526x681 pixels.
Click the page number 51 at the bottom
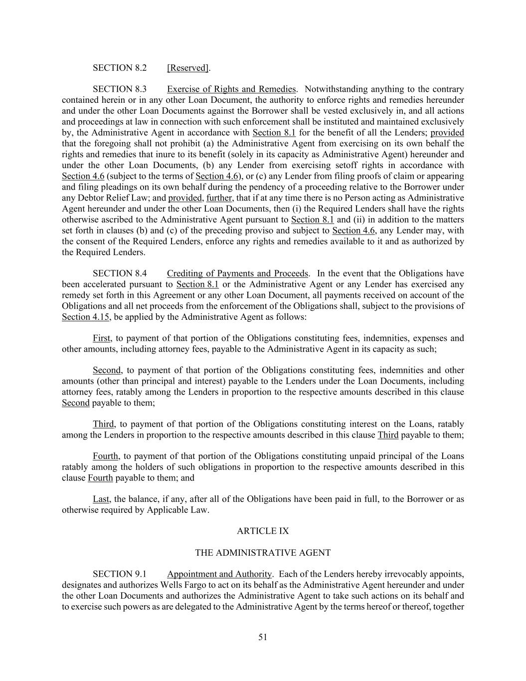pos(263,637)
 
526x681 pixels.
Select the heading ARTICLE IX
pos(263,531)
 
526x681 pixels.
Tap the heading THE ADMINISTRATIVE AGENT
pos(263,552)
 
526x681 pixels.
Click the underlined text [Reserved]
pos(187,68)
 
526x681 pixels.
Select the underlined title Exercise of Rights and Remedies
pos(231,89)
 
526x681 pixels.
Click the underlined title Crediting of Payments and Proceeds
pos(238,273)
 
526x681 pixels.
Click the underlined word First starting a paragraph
pos(102,338)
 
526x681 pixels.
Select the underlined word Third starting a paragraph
pos(103,424)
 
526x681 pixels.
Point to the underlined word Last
pos(101,499)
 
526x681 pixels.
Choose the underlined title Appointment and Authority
pos(219,574)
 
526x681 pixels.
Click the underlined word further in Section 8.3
pos(219,198)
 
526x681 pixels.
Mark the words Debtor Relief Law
pos(111,198)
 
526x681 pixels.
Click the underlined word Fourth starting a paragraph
pos(105,456)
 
